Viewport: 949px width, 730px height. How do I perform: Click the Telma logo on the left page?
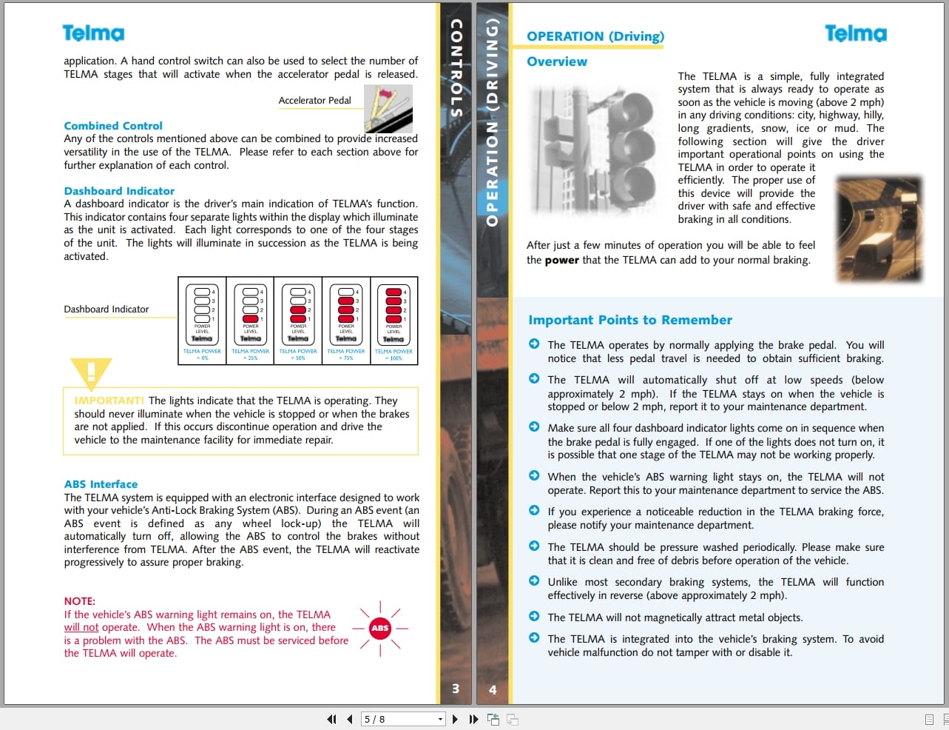point(93,33)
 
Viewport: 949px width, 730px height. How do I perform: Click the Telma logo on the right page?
point(855,33)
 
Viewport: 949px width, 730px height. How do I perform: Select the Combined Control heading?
point(113,126)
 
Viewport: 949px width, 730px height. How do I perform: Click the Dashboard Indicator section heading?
point(119,191)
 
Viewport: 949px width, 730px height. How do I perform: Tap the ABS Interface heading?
point(101,484)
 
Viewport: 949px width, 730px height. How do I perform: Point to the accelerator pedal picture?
point(388,109)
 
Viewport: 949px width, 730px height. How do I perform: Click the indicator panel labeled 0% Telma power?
point(202,321)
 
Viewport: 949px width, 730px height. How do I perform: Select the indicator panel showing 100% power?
point(394,321)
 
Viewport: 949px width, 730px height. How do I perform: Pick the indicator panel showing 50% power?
point(298,321)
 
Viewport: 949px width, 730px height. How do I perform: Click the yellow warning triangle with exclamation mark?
point(91,372)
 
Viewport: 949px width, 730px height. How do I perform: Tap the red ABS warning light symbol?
point(380,628)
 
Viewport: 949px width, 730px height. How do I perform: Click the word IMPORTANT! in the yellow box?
point(109,401)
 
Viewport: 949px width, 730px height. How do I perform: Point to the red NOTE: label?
point(79,601)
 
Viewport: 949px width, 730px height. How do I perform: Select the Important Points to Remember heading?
point(630,320)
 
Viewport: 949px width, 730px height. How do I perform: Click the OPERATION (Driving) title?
point(595,36)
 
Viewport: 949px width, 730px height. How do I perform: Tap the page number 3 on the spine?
point(456,689)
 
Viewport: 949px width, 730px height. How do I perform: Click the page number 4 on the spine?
point(493,690)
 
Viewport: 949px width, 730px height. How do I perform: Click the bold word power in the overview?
point(561,260)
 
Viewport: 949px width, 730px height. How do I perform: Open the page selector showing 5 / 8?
point(403,719)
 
